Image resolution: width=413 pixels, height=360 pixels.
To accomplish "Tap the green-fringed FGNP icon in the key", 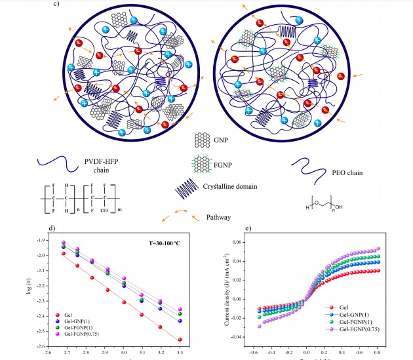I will point(201,159).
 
